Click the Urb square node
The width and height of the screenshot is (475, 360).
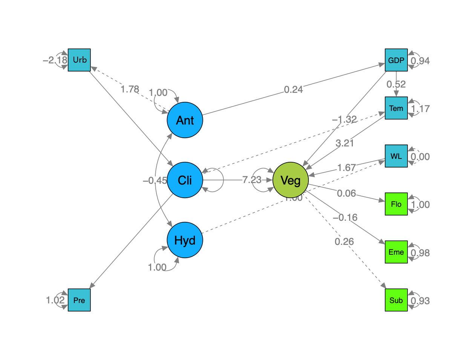click(x=79, y=60)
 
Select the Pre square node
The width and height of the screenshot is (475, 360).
click(x=79, y=300)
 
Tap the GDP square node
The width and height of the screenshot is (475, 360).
click(x=396, y=60)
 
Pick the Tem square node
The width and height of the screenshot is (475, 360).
click(x=396, y=108)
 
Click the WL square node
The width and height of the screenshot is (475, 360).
click(x=396, y=156)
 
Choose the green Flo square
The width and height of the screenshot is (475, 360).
click(x=396, y=204)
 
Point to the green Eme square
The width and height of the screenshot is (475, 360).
click(x=396, y=252)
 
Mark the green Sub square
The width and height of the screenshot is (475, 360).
click(x=396, y=300)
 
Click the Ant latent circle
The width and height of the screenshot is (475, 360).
click(x=185, y=120)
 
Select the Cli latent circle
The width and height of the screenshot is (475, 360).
click(x=185, y=180)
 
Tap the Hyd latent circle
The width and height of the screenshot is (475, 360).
click(x=185, y=240)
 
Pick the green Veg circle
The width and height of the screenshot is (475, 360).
click(x=290, y=180)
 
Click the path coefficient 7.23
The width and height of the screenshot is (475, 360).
click(x=251, y=180)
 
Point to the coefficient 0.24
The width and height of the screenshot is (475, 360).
click(x=293, y=89)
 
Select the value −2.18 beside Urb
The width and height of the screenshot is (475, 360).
click(x=55, y=60)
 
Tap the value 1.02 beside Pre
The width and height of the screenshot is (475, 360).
click(x=55, y=300)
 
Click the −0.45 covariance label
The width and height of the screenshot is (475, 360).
click(x=155, y=180)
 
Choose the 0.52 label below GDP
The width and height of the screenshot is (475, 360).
click(x=396, y=84)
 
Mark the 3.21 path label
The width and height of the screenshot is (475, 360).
click(x=345, y=143)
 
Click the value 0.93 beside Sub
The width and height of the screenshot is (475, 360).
click(x=420, y=301)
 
